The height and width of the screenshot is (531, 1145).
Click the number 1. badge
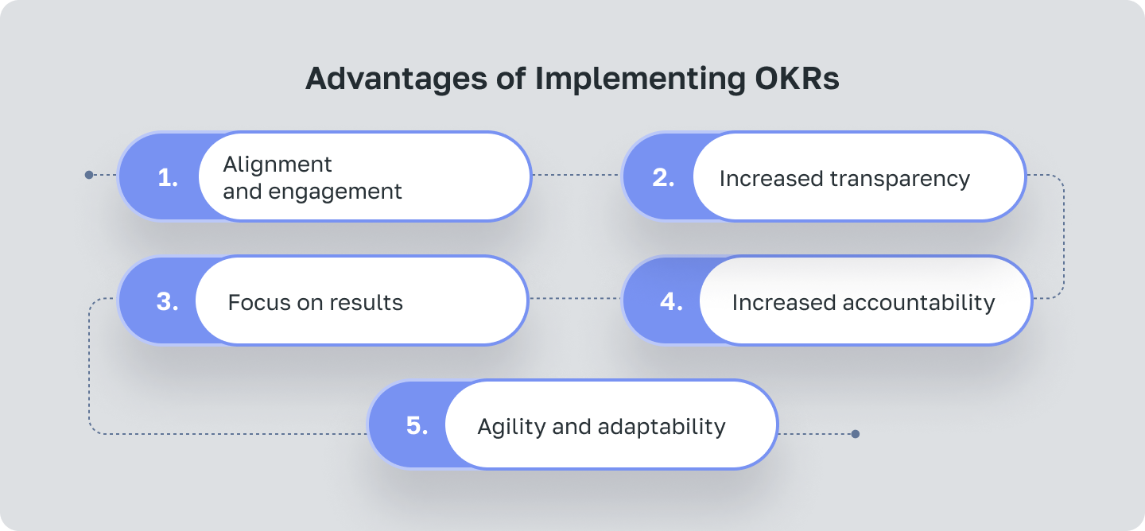pyautogui.click(x=168, y=177)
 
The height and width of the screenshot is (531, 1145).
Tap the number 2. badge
pyautogui.click(x=663, y=177)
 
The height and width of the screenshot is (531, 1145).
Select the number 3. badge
pyautogui.click(x=167, y=301)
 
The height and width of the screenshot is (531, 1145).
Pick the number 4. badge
pyautogui.click(x=671, y=302)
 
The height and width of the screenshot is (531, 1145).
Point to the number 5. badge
pyautogui.click(x=417, y=425)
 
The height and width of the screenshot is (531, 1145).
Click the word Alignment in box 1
pyautogui.click(x=278, y=165)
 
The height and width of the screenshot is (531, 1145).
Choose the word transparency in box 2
pyautogui.click(x=900, y=179)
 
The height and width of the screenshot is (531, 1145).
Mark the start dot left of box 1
pyautogui.click(x=89, y=175)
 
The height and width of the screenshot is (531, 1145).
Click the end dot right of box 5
pyautogui.click(x=855, y=434)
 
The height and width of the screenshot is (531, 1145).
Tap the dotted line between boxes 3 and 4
pyautogui.click(x=574, y=299)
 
